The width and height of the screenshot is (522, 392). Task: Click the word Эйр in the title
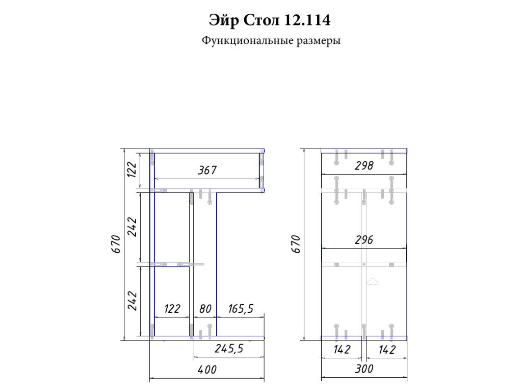click(224, 20)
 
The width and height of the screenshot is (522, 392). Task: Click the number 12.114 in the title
click(307, 20)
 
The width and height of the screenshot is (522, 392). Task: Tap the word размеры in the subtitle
click(319, 41)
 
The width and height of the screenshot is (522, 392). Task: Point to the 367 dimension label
click(207, 170)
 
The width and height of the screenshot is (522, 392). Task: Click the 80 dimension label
click(205, 309)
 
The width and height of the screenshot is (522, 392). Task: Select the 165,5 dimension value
click(241, 309)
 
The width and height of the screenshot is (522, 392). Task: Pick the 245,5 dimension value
click(229, 349)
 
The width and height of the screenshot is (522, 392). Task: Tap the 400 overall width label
click(207, 370)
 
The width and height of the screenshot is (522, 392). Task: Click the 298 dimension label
click(364, 166)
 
